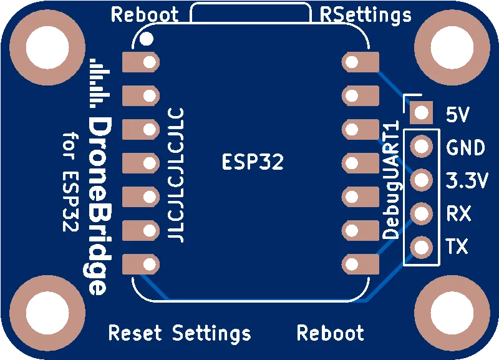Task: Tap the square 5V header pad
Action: tap(422, 113)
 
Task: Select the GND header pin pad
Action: tap(422, 147)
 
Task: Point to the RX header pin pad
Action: tap(422, 214)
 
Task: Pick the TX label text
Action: tap(458, 247)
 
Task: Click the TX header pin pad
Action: tap(422, 248)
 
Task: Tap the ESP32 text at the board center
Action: tap(253, 162)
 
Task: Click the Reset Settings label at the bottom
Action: tap(180, 333)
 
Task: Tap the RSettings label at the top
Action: tap(366, 14)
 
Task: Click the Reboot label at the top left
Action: tap(145, 14)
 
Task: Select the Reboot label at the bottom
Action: tap(330, 333)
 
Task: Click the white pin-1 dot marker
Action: tap(147, 39)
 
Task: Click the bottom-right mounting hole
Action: tap(453, 315)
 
